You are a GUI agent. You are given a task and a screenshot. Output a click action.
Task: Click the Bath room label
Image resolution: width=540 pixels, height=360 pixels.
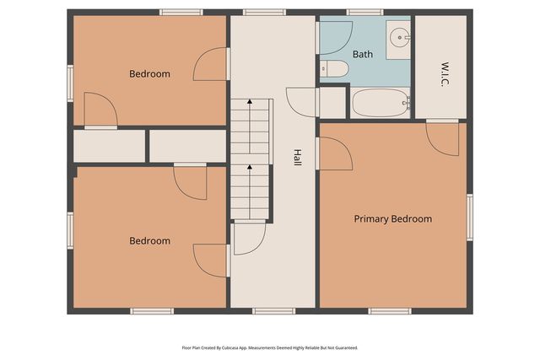click(363, 54)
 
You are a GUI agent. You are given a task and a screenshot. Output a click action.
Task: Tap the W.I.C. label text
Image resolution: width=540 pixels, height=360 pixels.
click(444, 67)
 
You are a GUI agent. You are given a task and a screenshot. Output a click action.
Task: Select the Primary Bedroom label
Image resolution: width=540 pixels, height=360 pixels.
click(392, 219)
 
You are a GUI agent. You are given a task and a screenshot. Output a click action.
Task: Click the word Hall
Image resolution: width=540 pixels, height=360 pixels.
click(297, 157)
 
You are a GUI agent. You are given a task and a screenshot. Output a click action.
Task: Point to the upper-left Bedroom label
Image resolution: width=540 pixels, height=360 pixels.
click(149, 74)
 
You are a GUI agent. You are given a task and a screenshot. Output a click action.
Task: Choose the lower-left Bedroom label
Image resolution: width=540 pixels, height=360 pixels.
click(149, 241)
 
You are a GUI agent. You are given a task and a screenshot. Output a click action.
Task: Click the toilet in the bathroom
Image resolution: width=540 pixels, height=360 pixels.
click(334, 69)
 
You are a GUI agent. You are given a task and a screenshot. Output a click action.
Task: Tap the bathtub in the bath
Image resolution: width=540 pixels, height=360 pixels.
click(381, 104)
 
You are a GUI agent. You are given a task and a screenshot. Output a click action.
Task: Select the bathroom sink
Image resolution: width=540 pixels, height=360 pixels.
click(398, 38)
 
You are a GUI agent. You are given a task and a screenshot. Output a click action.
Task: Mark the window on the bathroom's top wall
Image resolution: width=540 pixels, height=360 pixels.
click(364, 12)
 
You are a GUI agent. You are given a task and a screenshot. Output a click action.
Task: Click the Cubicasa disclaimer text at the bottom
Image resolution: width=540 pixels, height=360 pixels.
click(270, 347)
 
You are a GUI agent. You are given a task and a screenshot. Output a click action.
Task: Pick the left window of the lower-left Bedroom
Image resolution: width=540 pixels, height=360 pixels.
click(71, 231)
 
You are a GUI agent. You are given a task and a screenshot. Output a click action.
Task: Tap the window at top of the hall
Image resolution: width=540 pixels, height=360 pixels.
click(257, 12)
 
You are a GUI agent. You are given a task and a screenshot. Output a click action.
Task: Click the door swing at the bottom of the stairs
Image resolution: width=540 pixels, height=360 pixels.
click(249, 238)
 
